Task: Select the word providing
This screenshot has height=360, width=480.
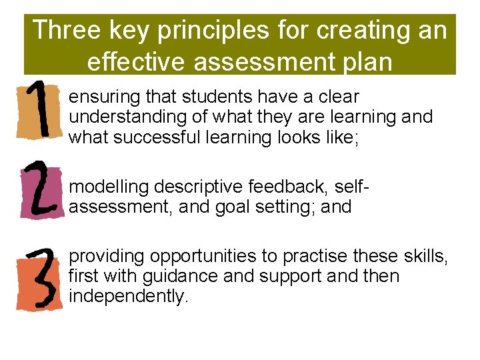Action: point(107,256)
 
